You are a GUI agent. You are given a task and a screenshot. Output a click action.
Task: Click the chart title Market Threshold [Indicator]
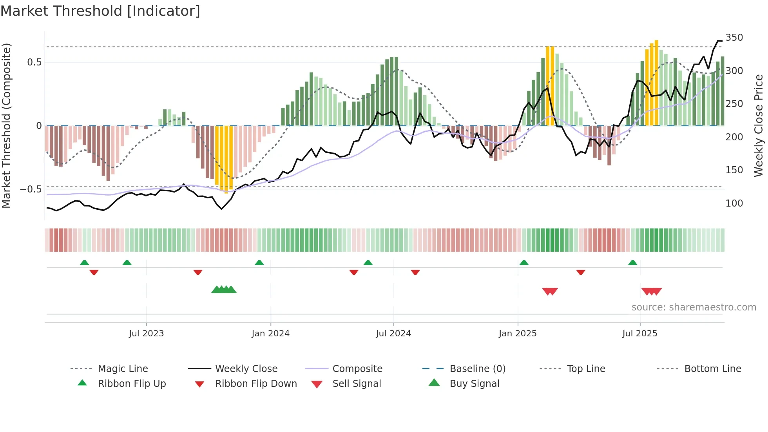pos(100,11)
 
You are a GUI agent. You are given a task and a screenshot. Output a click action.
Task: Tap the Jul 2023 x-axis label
pos(146,334)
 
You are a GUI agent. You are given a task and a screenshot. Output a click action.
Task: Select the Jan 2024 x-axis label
pos(270,334)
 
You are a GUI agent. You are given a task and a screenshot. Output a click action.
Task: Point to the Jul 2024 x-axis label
pos(393,334)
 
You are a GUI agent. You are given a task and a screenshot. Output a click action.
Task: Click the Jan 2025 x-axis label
pos(518,334)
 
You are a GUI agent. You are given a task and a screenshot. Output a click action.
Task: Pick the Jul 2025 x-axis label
pos(640,334)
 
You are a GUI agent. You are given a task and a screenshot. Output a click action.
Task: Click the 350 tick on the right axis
pos(734,38)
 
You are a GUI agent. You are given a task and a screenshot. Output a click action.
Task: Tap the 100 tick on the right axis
pos(734,203)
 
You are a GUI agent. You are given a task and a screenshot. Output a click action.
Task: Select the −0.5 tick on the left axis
pos(31,189)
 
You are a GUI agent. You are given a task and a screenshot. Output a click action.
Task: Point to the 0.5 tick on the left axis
pos(34,62)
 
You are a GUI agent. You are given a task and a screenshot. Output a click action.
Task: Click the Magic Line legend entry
pos(123,369)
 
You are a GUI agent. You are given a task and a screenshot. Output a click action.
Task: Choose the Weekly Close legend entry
pos(246,369)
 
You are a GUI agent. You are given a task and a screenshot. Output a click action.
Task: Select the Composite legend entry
pos(357,369)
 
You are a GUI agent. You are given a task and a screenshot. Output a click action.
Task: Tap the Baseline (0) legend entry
pos(477,369)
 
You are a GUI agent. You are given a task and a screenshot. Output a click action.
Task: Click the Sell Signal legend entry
pos(356,384)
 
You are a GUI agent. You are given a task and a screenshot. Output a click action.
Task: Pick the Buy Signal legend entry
pos(474,384)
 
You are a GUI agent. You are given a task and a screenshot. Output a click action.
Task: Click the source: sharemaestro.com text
pos(694,307)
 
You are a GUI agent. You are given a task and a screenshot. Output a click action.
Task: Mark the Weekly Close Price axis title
pos(759,125)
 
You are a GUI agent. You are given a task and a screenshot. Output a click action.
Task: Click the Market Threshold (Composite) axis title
pos(6,125)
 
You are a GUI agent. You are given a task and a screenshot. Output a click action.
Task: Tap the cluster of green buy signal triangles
pos(224,290)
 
